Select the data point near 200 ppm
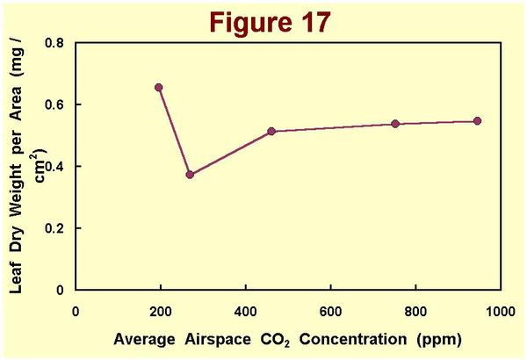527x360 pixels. pyautogui.click(x=159, y=88)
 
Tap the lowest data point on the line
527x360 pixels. pyautogui.click(x=190, y=174)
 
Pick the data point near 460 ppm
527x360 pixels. pyautogui.click(x=271, y=131)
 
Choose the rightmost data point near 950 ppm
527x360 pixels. pyautogui.click(x=478, y=120)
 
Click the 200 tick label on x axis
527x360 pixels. pyautogui.click(x=161, y=311)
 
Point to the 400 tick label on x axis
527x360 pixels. pyautogui.click(x=245, y=311)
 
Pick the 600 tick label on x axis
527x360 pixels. pyautogui.click(x=330, y=311)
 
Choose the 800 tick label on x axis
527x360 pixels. pyautogui.click(x=415, y=311)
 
